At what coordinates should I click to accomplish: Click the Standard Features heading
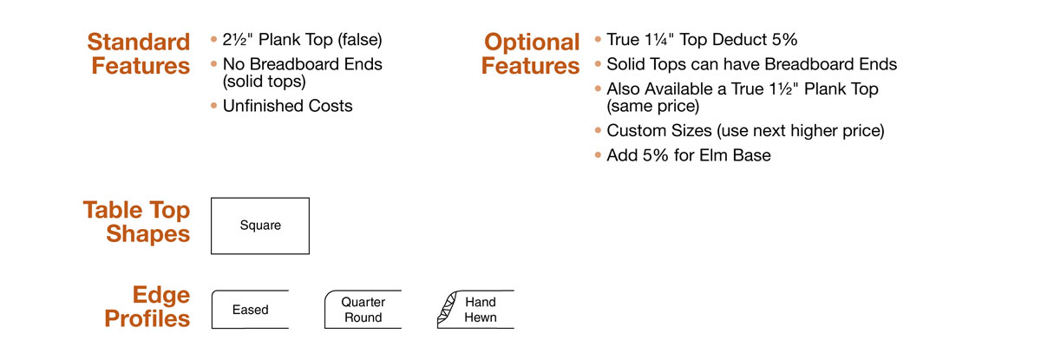139,54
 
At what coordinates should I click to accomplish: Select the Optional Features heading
531,54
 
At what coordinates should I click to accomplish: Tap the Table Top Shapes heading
137,221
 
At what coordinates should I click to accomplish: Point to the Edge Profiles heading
147,306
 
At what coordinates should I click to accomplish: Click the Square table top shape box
260,226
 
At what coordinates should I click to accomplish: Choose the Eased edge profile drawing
250,310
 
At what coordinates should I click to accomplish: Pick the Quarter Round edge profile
363,310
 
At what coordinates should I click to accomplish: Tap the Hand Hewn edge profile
476,310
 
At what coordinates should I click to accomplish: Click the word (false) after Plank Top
360,40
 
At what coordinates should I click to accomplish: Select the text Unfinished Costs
288,106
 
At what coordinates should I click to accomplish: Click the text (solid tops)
265,82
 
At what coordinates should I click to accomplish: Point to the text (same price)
653,107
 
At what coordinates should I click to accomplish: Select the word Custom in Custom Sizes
636,130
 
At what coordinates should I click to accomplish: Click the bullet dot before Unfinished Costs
213,106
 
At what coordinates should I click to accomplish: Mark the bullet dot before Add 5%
598,155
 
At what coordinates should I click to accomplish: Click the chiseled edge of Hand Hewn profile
446,309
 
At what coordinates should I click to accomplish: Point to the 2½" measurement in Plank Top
238,40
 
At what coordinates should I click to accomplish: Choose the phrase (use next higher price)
801,131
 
